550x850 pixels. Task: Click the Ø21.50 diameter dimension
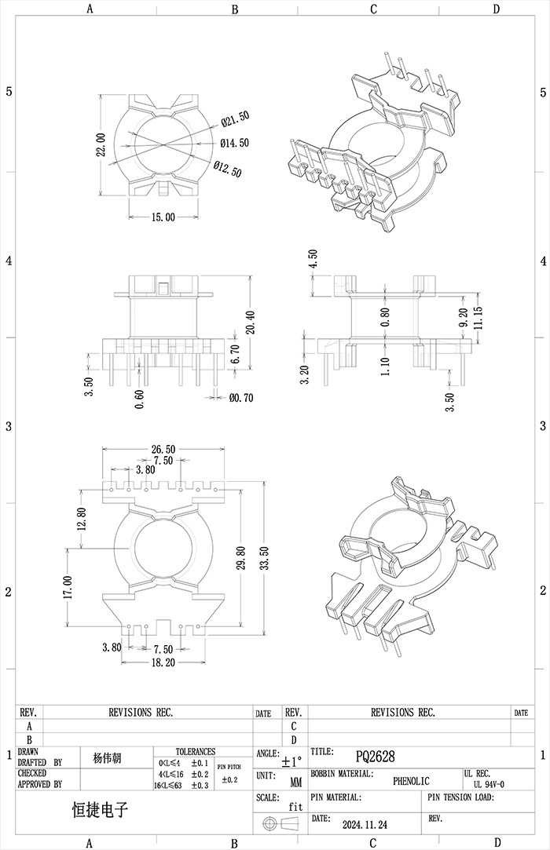coord(235,119)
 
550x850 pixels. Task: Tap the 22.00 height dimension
coord(100,144)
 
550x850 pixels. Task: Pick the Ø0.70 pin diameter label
coord(241,398)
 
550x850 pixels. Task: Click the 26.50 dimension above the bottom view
coord(163,450)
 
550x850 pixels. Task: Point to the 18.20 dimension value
coord(163,662)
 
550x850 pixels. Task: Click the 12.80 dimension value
coord(82,517)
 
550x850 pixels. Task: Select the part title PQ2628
coord(375,757)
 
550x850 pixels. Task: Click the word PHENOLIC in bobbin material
coord(411,781)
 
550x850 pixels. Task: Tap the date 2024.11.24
coord(365,825)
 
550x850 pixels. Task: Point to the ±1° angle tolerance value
coord(291,761)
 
